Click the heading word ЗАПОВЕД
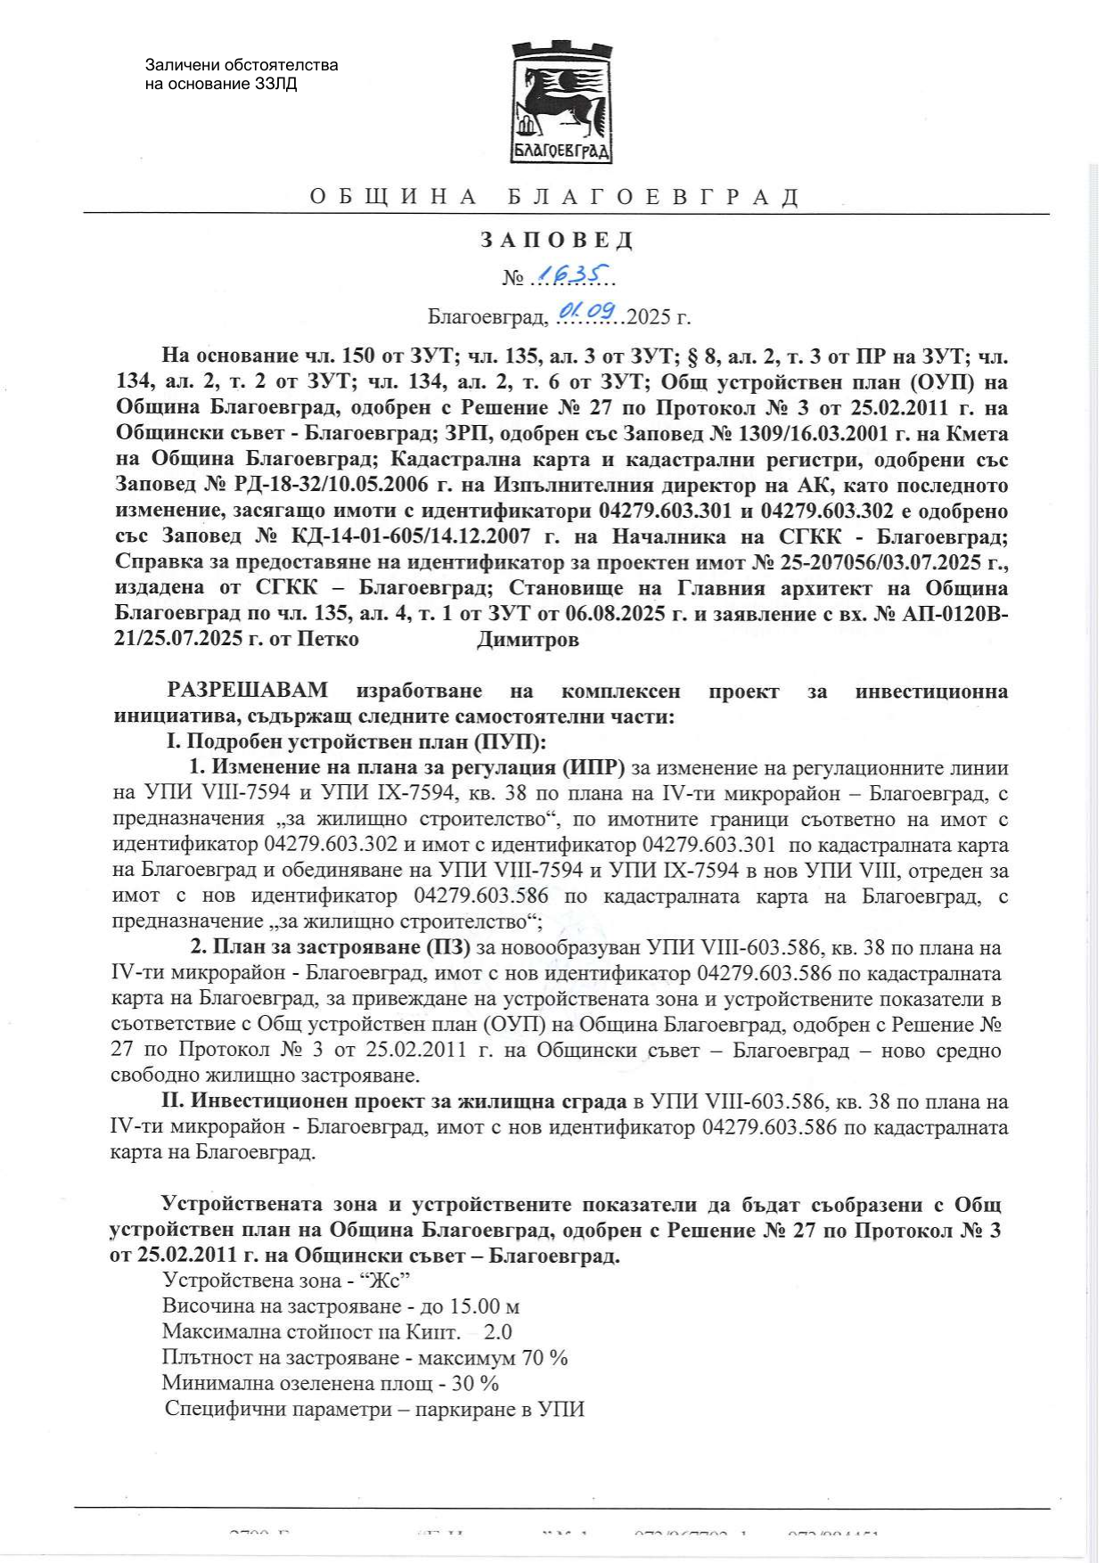(x=558, y=240)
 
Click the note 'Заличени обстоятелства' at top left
(x=242, y=65)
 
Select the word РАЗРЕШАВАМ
(x=248, y=691)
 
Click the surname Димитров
(x=528, y=640)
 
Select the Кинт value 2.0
(x=497, y=1332)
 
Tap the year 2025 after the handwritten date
(x=649, y=316)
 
